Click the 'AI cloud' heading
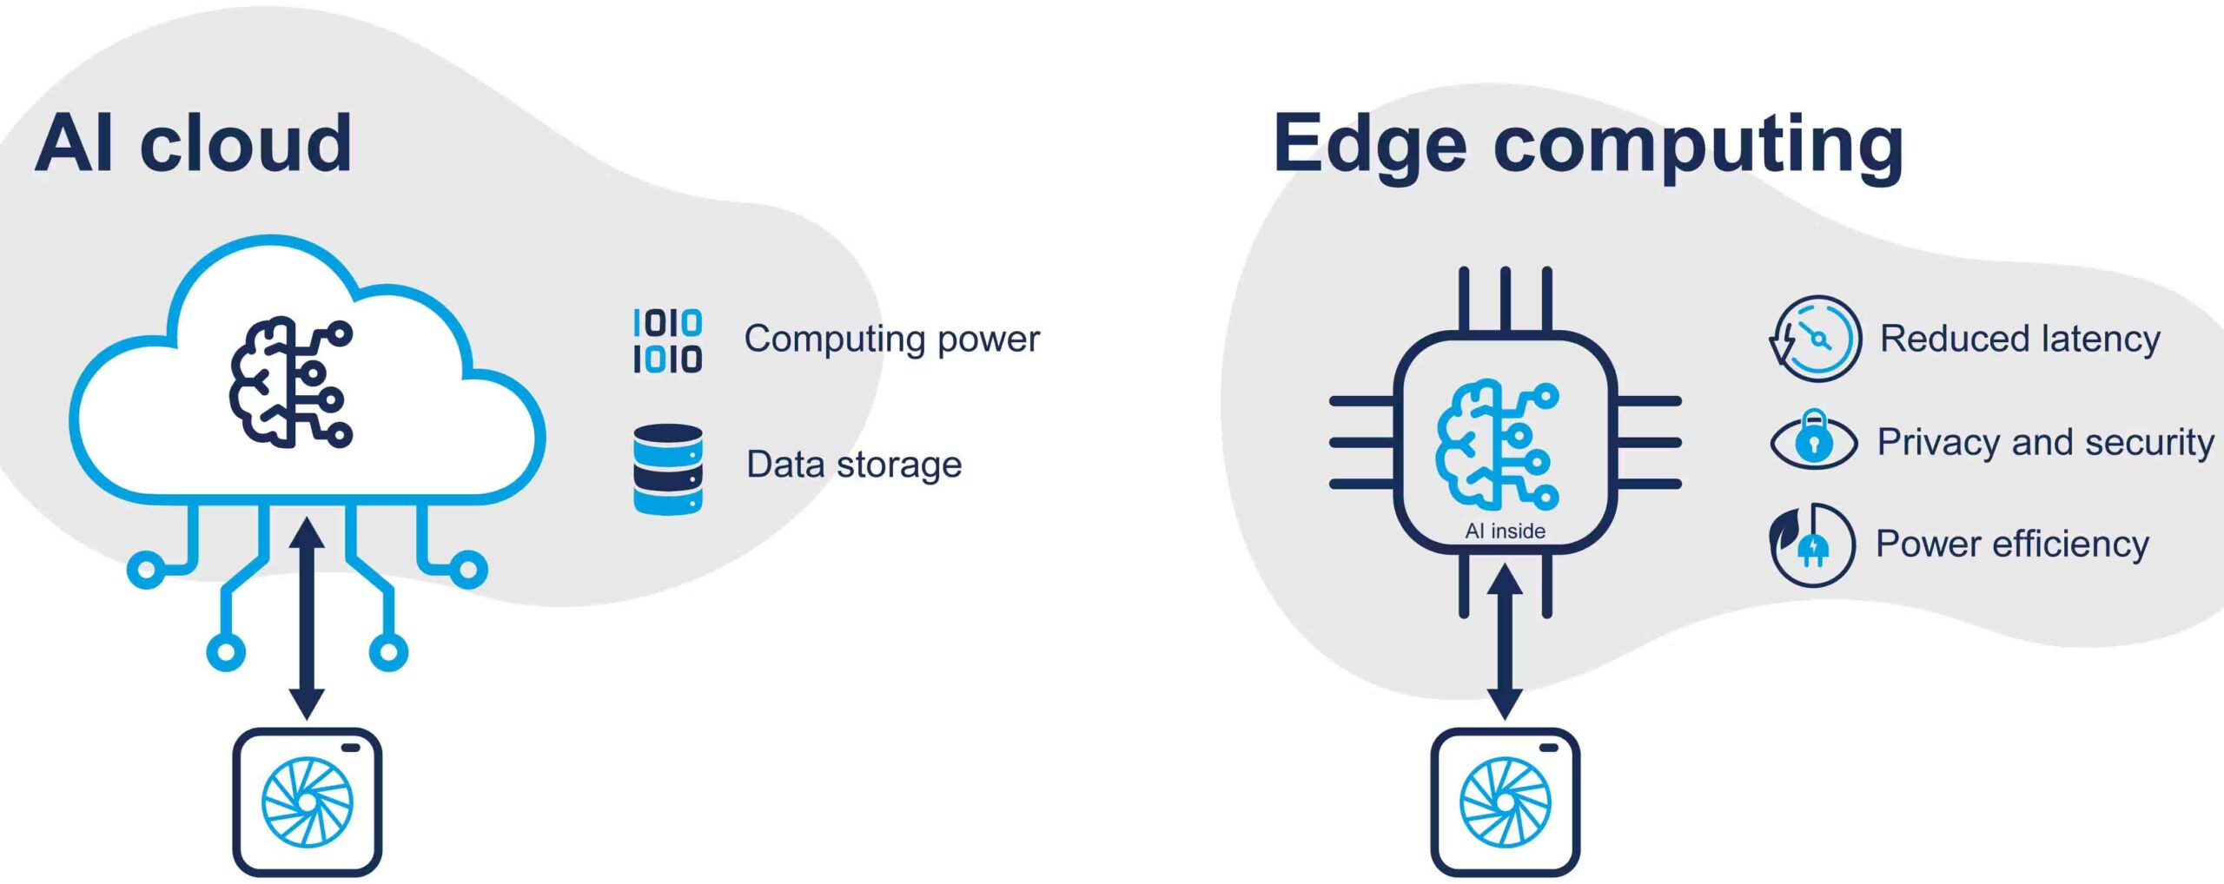coord(193,143)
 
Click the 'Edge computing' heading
coord(1588,145)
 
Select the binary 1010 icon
coord(667,340)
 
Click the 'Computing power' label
coord(891,339)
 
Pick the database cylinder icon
coord(667,469)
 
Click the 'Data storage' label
coord(854,465)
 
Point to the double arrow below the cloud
coord(307,618)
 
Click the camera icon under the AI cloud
coord(307,802)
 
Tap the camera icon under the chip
coord(1505,802)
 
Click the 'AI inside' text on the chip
coord(1505,531)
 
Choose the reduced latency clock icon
coord(1816,339)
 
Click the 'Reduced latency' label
coord(2020,339)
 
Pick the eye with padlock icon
coord(1814,440)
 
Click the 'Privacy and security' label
coord(2045,442)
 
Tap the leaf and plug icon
coord(1812,545)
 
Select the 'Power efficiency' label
coord(2012,544)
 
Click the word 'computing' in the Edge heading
coord(1698,145)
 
